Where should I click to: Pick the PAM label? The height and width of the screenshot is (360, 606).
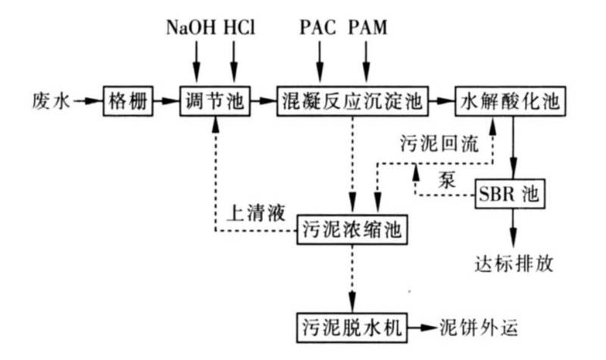coord(369,29)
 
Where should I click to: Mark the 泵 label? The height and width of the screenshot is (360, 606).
coord(447,180)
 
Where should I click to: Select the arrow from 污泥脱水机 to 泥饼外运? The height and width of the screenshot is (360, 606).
coord(423,328)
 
